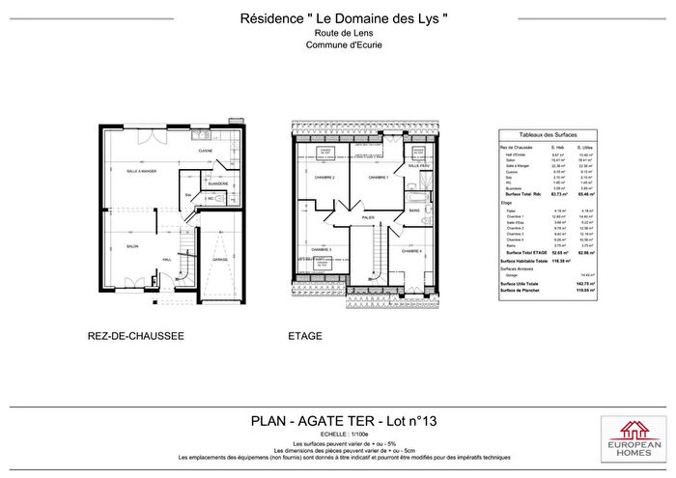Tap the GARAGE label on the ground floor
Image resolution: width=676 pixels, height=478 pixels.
point(220,260)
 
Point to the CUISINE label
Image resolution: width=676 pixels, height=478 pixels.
point(205,153)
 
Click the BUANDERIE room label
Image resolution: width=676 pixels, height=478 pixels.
point(217,170)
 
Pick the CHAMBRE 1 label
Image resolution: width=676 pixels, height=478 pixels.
point(378,179)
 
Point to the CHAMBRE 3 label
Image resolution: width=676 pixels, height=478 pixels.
point(318,250)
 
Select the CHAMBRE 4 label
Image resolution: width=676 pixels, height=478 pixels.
point(411,250)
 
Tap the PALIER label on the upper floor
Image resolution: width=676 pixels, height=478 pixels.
point(368,218)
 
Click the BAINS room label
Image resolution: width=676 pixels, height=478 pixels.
point(413,210)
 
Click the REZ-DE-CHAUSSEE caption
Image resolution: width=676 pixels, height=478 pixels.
point(136,336)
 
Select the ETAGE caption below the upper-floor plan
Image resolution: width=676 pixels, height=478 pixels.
point(305,336)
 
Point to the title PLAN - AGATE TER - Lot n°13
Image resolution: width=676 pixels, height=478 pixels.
point(337,420)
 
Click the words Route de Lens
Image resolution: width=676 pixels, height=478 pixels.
point(337,33)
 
